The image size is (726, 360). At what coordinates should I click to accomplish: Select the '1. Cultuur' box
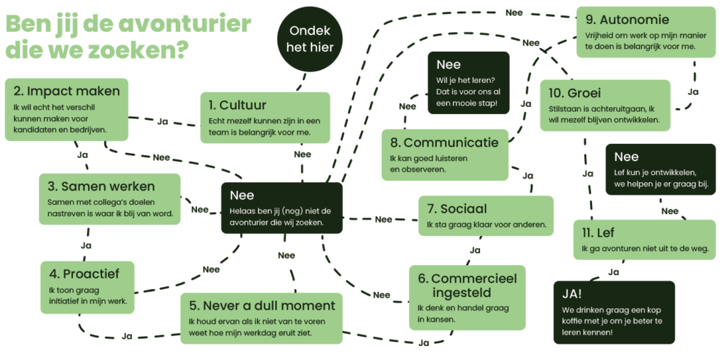click(264, 118)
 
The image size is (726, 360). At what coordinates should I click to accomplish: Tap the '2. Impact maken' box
click(67, 109)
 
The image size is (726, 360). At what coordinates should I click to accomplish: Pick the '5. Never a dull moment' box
click(261, 317)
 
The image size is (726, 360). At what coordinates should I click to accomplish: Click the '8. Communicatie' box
click(445, 154)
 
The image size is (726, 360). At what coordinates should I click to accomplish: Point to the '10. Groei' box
click(605, 105)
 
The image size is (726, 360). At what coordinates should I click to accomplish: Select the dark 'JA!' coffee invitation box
click(614, 313)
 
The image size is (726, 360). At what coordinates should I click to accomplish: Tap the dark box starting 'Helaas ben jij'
click(281, 208)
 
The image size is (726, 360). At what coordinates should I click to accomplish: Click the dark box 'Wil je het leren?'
click(468, 83)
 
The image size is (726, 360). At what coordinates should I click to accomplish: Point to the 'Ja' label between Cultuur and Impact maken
click(162, 121)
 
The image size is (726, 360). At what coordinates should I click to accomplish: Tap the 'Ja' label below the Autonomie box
click(693, 91)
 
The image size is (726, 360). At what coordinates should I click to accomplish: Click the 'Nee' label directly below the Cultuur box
click(302, 154)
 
